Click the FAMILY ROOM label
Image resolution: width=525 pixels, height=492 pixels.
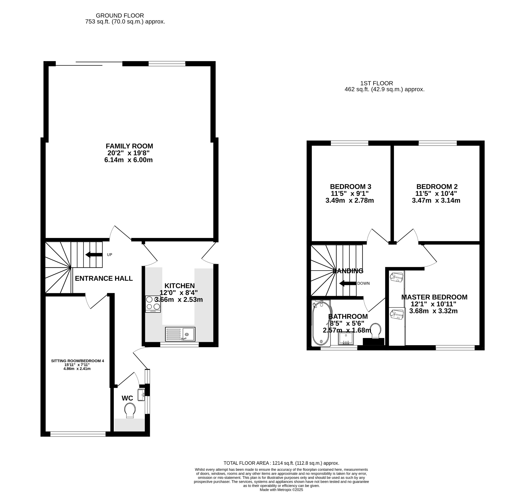click(x=129, y=146)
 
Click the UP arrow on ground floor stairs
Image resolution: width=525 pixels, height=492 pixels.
click(x=94, y=255)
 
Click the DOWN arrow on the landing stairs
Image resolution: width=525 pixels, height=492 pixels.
click(x=348, y=283)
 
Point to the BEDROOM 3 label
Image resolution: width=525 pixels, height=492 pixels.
click(x=350, y=186)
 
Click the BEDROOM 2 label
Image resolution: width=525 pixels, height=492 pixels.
click(x=437, y=186)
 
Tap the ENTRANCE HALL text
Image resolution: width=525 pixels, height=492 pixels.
click(x=104, y=278)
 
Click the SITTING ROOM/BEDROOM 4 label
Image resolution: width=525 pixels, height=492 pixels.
click(x=77, y=361)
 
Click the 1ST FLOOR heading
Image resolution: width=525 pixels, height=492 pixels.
click(x=377, y=83)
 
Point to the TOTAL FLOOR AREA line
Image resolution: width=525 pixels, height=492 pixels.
click(x=281, y=463)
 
